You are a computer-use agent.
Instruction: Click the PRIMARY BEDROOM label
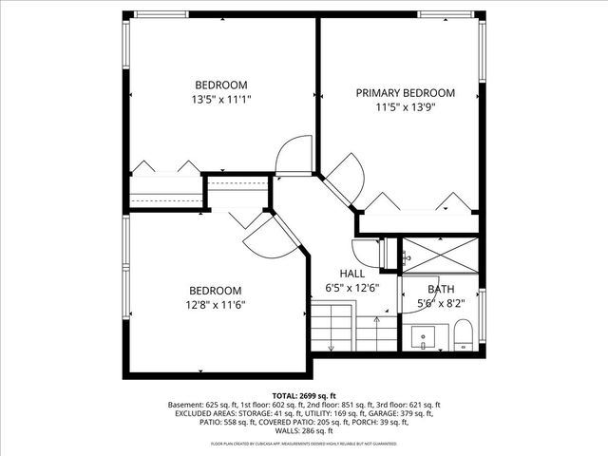pyautogui.click(x=405, y=93)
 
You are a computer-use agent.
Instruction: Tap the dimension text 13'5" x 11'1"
pyautogui.click(x=221, y=98)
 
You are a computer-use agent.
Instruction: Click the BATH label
pyautogui.click(x=441, y=290)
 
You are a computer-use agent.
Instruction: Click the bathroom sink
pyautogui.click(x=424, y=336)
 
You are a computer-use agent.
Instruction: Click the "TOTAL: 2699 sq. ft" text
pyautogui.click(x=303, y=394)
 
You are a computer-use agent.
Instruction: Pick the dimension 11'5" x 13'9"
pyautogui.click(x=405, y=107)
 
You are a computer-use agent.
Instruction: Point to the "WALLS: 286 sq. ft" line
pyautogui.click(x=303, y=433)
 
